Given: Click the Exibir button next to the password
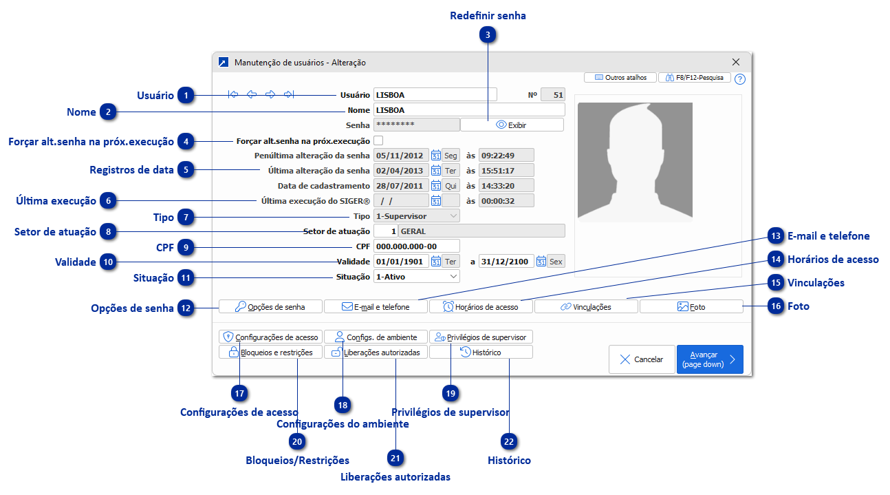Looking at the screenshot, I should tap(512, 125).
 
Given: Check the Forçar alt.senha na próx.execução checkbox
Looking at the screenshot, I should tap(378, 140).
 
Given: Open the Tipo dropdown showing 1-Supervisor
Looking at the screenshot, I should tap(417, 216).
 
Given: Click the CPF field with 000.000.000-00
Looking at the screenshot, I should tap(416, 246).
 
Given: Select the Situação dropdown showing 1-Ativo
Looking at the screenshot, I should tap(417, 276).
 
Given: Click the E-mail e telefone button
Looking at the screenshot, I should tap(376, 307).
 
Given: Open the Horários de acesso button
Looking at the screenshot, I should tap(481, 307).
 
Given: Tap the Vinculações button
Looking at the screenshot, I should tap(586, 307).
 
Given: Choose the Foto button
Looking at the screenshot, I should tap(691, 307).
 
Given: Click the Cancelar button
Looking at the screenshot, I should tap(641, 359).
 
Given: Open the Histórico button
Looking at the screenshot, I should tap(481, 352).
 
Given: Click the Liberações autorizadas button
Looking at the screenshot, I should tap(376, 352).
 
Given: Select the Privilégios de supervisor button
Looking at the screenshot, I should tap(481, 337).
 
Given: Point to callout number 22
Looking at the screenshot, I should tap(508, 441).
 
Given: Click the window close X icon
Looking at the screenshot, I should tap(736, 62).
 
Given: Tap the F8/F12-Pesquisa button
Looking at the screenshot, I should tap(695, 78).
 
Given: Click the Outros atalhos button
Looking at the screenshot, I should tap(620, 78).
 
